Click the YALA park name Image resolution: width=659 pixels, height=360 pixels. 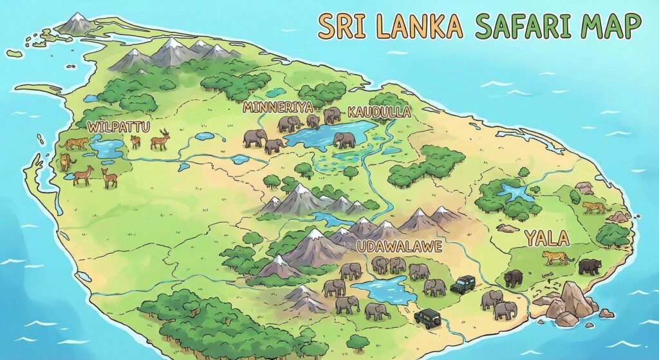(546, 238)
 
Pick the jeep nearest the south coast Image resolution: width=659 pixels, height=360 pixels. (427, 317)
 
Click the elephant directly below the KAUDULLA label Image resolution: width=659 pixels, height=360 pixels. (344, 140)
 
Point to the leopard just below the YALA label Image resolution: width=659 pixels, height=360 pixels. (557, 258)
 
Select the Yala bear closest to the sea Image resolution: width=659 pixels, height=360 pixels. (589, 266)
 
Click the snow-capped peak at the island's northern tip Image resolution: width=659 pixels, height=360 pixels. (77, 23)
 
